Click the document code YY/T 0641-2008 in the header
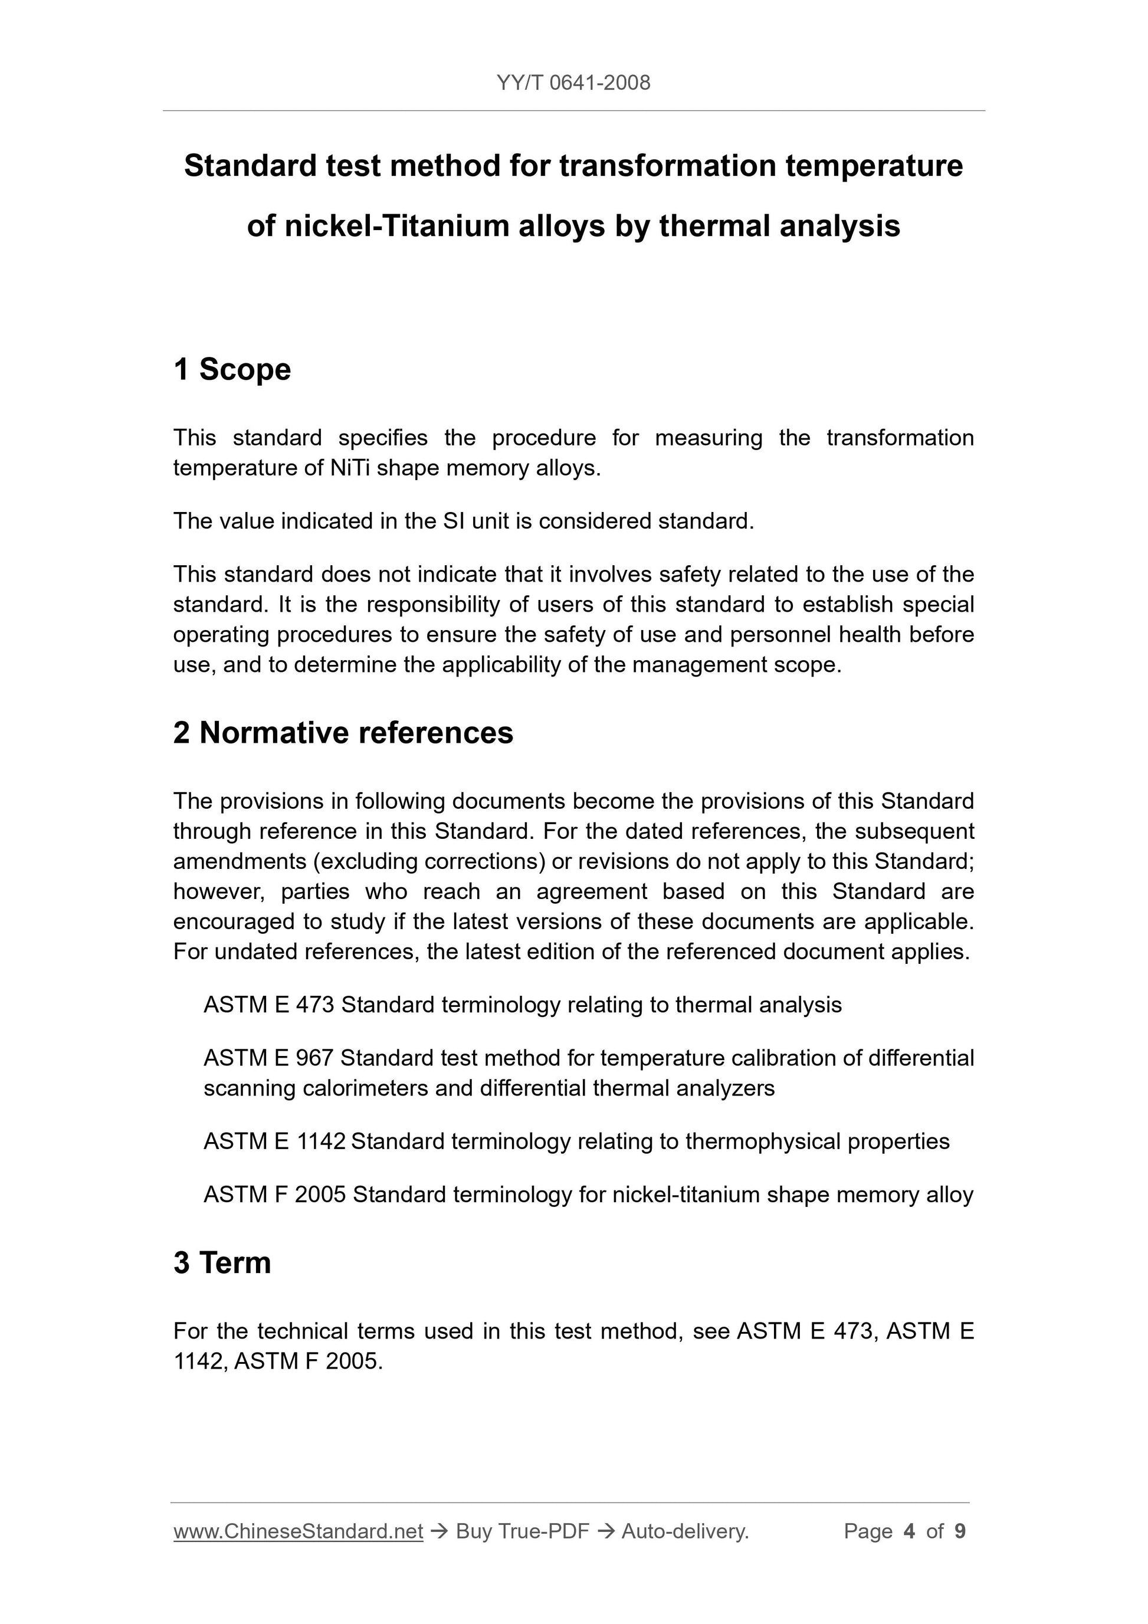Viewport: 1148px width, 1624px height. click(573, 83)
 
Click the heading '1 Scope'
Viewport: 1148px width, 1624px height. click(232, 369)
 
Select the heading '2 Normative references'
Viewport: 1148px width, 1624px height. click(343, 733)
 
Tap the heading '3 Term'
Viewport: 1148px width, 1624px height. click(222, 1262)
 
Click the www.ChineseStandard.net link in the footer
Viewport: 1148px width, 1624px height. click(298, 1531)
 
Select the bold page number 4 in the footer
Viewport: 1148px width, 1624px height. click(909, 1531)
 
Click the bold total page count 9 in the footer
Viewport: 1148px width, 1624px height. click(960, 1531)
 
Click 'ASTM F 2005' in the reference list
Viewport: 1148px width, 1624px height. click(274, 1195)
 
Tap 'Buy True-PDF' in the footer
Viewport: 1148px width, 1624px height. click(522, 1531)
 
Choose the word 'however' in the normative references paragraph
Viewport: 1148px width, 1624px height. click(218, 892)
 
